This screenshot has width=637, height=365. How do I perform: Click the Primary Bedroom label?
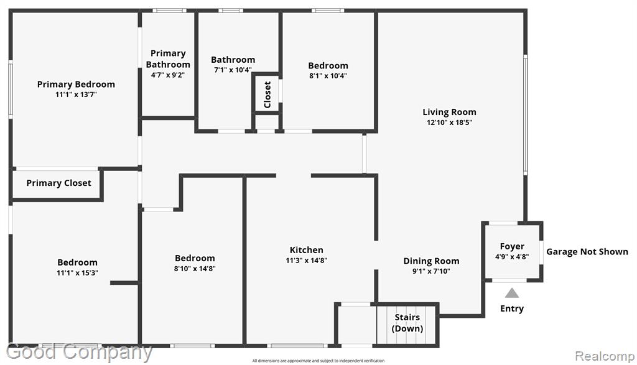pos(76,85)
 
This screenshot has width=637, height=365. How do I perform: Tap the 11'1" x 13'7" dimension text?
pos(76,95)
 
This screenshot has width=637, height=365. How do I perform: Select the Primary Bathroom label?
pos(168,59)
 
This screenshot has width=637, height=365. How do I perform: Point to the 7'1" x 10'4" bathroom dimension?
pos(233,70)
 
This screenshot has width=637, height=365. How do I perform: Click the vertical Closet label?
pos(267,95)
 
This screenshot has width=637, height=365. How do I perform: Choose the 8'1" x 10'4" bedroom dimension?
pos(328,75)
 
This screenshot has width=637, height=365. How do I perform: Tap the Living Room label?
pos(449,112)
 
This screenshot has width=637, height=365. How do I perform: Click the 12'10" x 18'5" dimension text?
pos(449,122)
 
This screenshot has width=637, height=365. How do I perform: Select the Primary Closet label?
pos(59,183)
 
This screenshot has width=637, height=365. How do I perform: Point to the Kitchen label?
pos(306,250)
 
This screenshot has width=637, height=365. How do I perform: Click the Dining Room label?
pos(431,261)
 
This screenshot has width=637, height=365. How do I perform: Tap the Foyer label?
pos(512,246)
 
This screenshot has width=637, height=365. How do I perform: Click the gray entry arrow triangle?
pos(512,293)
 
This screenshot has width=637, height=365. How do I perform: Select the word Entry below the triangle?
pos(512,308)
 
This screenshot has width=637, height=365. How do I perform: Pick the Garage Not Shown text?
pos(587,252)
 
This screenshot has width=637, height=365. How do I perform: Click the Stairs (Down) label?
pos(407,323)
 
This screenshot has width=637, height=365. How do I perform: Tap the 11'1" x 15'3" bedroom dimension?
pos(77,273)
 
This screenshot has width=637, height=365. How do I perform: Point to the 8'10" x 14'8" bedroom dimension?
pos(195,269)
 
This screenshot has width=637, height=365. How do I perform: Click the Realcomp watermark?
pos(605,356)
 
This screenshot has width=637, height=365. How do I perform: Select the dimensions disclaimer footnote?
pos(318,361)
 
